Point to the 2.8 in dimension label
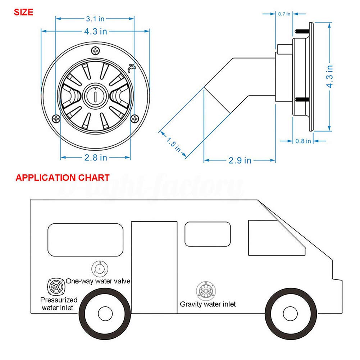pyautogui.click(x=96, y=157)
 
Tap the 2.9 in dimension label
pyautogui.click(x=240, y=160)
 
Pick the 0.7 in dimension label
pyautogui.click(x=284, y=14)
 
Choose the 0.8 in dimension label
pyautogui.click(x=303, y=141)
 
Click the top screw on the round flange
pyautogui.click(x=96, y=51)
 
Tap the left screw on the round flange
pyautogui.click(x=56, y=118)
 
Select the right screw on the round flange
pyautogui.click(x=135, y=118)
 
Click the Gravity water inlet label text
pyautogui.click(x=208, y=304)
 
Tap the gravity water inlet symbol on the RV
pyautogui.click(x=207, y=290)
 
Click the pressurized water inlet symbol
pyautogui.click(x=56, y=287)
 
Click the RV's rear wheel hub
pyautogui.click(x=104, y=313)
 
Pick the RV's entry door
pyautogui.click(x=154, y=266)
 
